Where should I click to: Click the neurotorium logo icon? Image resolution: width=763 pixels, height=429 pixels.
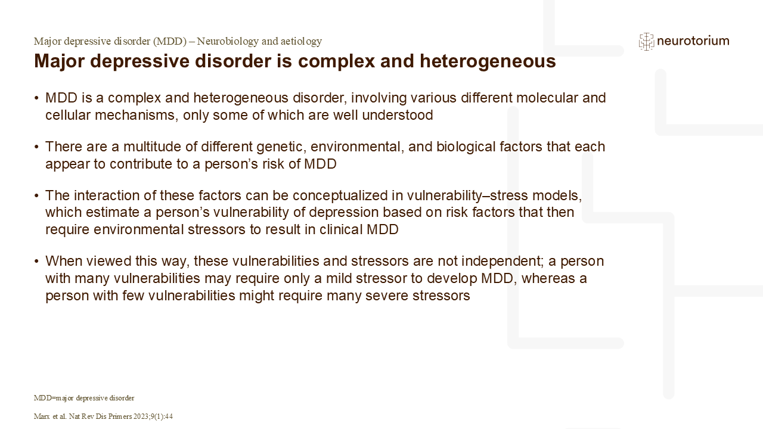[x=646, y=41]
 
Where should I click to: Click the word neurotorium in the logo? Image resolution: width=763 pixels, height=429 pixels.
[x=693, y=41]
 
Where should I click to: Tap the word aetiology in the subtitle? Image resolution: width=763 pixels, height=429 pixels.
[x=300, y=41]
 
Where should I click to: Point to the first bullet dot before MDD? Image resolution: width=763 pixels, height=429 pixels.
[x=37, y=98]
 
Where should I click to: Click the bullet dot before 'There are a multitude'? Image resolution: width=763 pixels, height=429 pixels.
[x=37, y=147]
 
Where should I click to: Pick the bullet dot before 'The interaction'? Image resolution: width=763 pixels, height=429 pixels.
[x=37, y=196]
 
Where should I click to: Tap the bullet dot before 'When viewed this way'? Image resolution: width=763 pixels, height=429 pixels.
[x=37, y=262]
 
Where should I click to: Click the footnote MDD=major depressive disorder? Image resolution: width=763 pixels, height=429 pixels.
[x=84, y=397]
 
